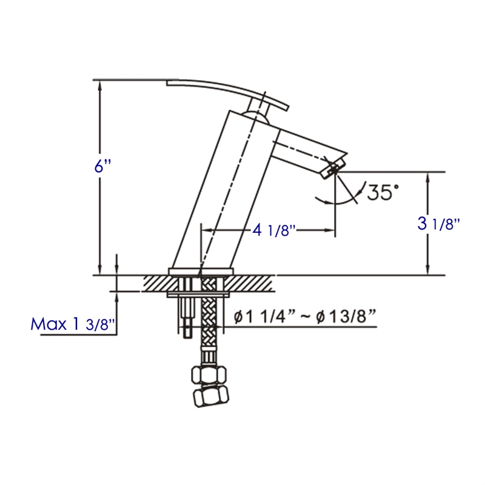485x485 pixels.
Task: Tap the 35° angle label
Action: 380,193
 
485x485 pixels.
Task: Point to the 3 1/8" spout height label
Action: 438,224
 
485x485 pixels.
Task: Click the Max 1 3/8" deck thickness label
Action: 72,324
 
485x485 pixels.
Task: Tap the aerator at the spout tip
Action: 332,166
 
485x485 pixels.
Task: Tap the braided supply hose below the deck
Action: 207,327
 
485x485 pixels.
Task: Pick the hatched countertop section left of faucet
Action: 156,283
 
